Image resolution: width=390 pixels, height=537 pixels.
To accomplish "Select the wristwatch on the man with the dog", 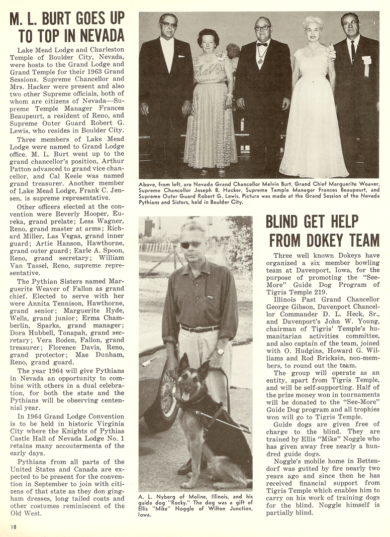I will tap(220, 351).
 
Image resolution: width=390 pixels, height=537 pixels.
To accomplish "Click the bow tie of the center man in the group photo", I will tap(262, 44).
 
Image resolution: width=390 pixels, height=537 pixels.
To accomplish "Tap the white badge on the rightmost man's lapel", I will tap(366, 60).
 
